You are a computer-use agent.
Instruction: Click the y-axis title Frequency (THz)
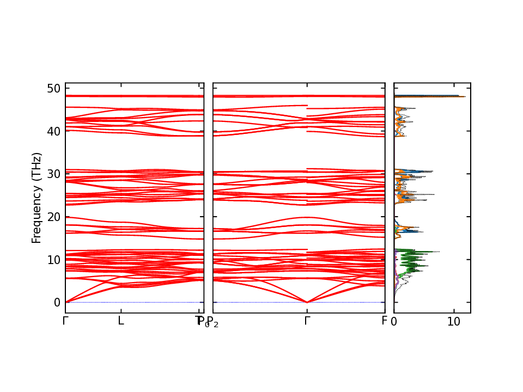click(x=37, y=198)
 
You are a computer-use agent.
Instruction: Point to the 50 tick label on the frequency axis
click(x=53, y=88)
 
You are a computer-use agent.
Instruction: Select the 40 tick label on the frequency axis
click(x=53, y=131)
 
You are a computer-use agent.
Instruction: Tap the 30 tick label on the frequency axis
click(x=53, y=174)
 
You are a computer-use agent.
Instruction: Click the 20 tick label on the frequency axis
click(x=53, y=217)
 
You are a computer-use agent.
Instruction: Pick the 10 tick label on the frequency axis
click(x=53, y=260)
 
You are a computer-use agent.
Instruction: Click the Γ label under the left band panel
click(x=65, y=321)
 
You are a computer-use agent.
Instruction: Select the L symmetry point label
click(x=121, y=321)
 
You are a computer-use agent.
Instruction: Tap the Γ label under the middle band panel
click(x=307, y=321)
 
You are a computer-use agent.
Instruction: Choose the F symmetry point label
click(x=384, y=321)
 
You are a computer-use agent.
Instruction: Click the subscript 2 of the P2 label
click(x=216, y=325)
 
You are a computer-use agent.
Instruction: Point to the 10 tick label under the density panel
click(x=454, y=322)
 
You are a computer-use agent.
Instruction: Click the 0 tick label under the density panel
click(x=394, y=322)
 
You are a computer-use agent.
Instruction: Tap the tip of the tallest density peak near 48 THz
click(x=465, y=96)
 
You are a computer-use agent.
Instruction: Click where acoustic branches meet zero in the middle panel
click(x=307, y=302)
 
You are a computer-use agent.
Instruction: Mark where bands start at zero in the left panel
click(x=66, y=302)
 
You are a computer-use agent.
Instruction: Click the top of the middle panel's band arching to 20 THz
click(x=307, y=217)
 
